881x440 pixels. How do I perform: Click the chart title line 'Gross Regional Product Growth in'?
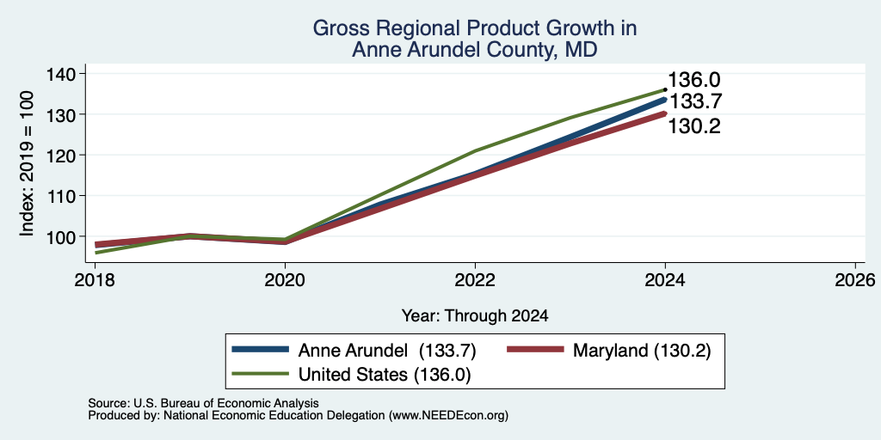(475, 28)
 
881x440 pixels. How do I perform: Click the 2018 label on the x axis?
(95, 279)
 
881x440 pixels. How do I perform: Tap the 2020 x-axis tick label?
(285, 279)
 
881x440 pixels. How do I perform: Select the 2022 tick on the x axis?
(475, 279)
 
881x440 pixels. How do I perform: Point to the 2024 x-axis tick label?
(665, 279)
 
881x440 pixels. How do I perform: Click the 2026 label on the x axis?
(855, 279)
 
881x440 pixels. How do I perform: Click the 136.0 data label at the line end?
(694, 80)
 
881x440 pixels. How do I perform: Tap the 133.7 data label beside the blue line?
(695, 101)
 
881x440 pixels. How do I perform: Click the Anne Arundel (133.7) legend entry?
(354, 351)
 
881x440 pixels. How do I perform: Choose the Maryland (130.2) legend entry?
(609, 351)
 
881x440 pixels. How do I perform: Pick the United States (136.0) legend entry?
(351, 375)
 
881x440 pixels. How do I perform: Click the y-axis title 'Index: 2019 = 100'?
(27, 163)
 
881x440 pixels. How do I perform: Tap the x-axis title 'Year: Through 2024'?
(475, 316)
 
